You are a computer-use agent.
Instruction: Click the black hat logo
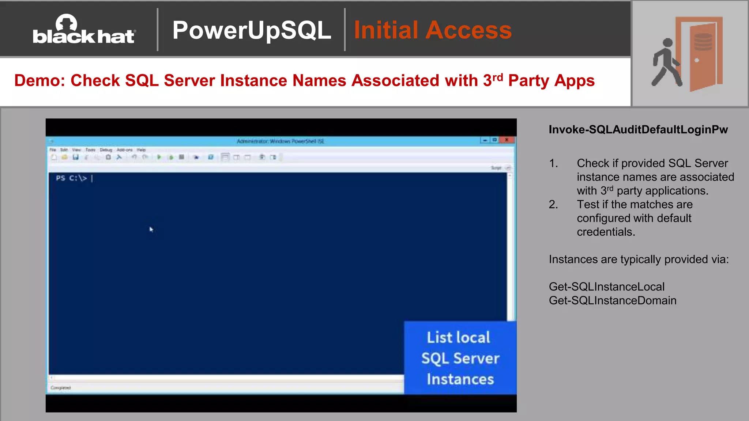(x=84, y=30)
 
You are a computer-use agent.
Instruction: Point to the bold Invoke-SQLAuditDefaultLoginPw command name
(x=638, y=129)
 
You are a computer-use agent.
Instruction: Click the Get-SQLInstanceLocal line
(x=606, y=287)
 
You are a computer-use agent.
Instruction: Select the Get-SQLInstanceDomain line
(x=613, y=300)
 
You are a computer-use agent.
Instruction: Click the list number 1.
(x=553, y=163)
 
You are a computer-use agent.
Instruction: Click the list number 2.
(x=553, y=204)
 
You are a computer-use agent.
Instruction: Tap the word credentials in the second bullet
(x=606, y=232)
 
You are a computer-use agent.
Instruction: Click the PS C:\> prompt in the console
(x=71, y=178)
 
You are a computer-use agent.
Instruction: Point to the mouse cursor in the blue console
(x=151, y=229)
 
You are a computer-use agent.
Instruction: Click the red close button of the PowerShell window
(x=507, y=140)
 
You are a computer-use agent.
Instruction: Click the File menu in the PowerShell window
(x=53, y=150)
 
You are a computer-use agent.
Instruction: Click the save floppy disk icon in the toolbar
(x=75, y=157)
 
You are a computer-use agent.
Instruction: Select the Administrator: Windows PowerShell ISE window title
(x=280, y=141)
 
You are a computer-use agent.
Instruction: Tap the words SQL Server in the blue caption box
(x=460, y=358)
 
